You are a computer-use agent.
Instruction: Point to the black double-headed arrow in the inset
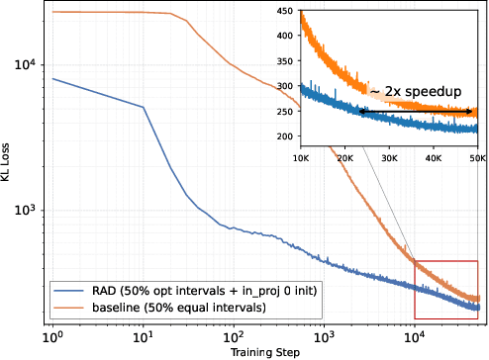pos(417,112)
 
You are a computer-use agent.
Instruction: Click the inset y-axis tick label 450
pos(286,12)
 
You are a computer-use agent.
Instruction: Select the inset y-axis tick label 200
pos(286,136)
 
